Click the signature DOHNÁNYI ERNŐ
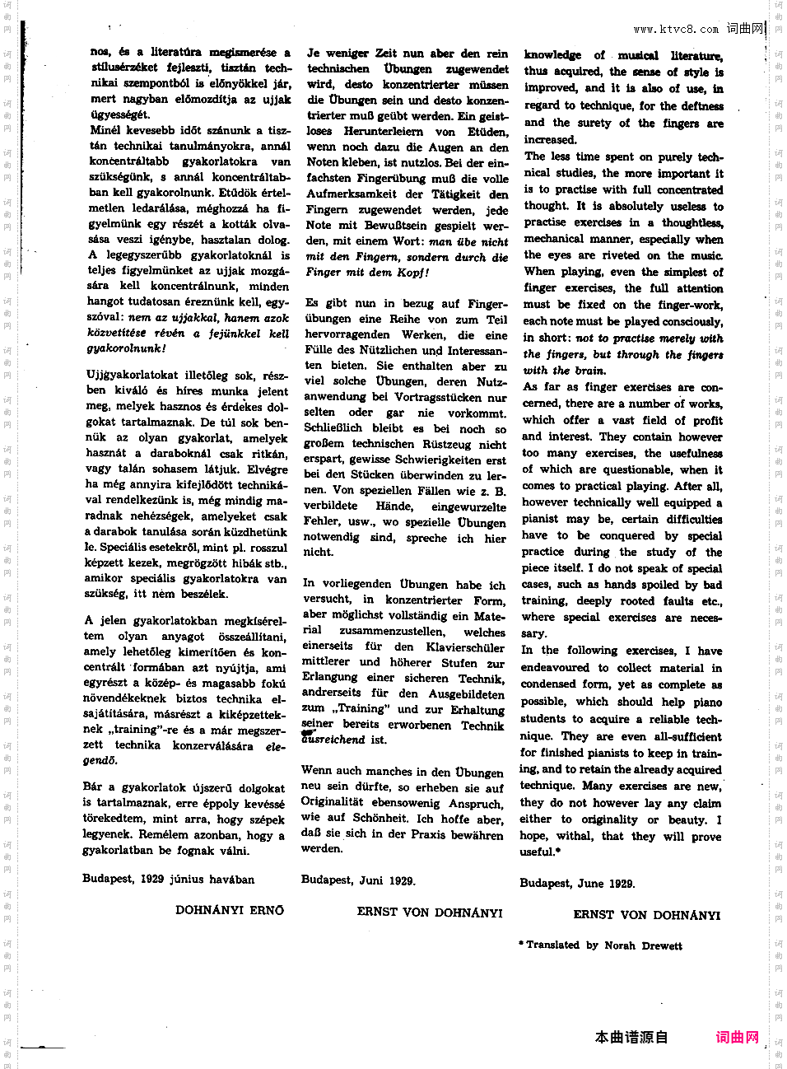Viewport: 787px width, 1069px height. click(229, 910)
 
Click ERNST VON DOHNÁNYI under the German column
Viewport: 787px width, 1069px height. click(430, 913)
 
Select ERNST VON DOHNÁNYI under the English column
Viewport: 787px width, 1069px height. click(646, 915)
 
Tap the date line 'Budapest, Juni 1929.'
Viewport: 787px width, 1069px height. click(358, 880)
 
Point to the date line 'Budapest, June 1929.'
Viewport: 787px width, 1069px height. click(576, 884)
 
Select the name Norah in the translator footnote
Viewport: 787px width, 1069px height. click(619, 945)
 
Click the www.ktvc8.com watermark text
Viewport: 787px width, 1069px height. click(676, 30)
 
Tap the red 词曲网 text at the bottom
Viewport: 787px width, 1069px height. click(738, 1037)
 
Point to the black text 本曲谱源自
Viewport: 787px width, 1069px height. click(631, 1037)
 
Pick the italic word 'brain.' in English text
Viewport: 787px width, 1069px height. click(589, 371)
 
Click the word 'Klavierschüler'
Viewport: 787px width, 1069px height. click(466, 647)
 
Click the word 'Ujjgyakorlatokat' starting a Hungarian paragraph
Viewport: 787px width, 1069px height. click(123, 375)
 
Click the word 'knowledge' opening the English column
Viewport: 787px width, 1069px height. click(553, 55)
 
